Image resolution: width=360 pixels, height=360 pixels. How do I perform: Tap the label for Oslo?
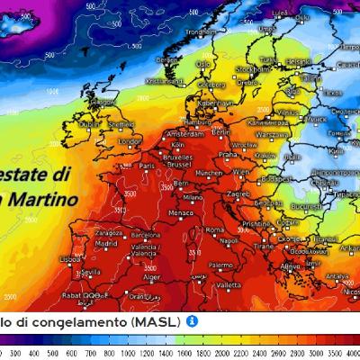(x=204, y=65)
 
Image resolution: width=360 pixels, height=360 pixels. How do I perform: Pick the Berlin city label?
(x=221, y=131)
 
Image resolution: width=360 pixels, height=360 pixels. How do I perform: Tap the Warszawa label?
(x=265, y=137)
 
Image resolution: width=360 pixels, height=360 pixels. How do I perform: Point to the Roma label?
(x=214, y=230)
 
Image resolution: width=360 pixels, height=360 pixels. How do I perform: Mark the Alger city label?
(x=157, y=279)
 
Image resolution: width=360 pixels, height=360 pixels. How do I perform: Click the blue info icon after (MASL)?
(x=193, y=320)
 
